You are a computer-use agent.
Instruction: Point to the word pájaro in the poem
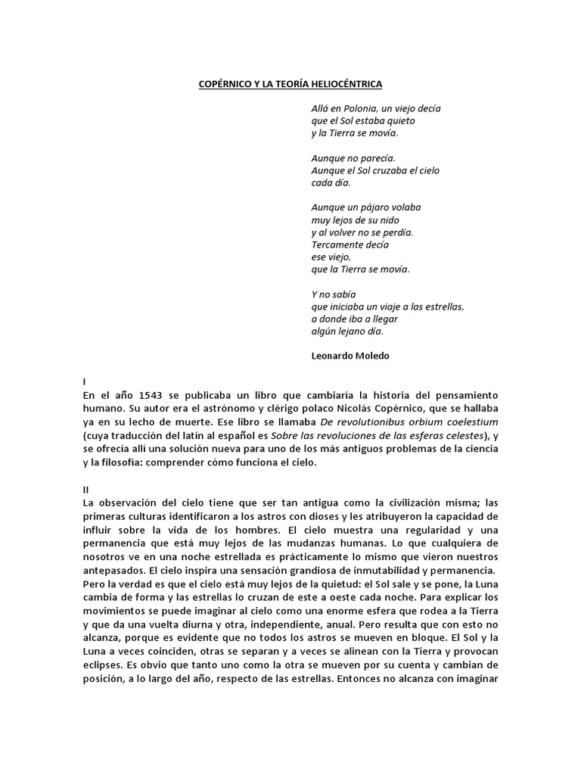tap(373, 207)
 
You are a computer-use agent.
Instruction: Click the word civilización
tap(415, 503)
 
